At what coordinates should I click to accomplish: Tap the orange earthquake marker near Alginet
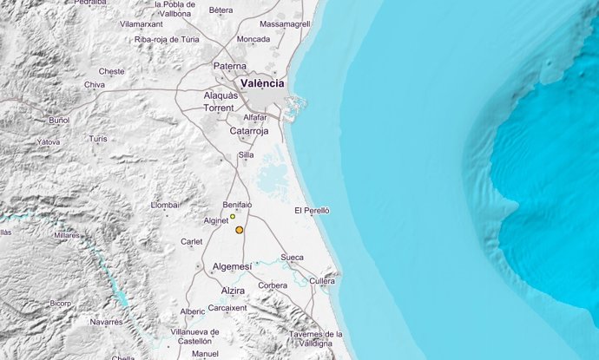coord(239,230)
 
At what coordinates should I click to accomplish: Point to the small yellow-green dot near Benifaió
coord(233,216)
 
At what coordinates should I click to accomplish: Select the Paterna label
coord(231,65)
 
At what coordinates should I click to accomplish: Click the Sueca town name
coord(293,258)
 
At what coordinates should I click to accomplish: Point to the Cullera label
coord(321,281)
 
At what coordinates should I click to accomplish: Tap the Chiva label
coord(94,84)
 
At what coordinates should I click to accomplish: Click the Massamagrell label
coord(284,23)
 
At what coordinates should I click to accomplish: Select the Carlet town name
coord(191,242)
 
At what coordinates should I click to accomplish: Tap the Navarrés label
coord(107,321)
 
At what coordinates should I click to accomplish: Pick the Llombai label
coord(164,205)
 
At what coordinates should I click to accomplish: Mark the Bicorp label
coord(60,303)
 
